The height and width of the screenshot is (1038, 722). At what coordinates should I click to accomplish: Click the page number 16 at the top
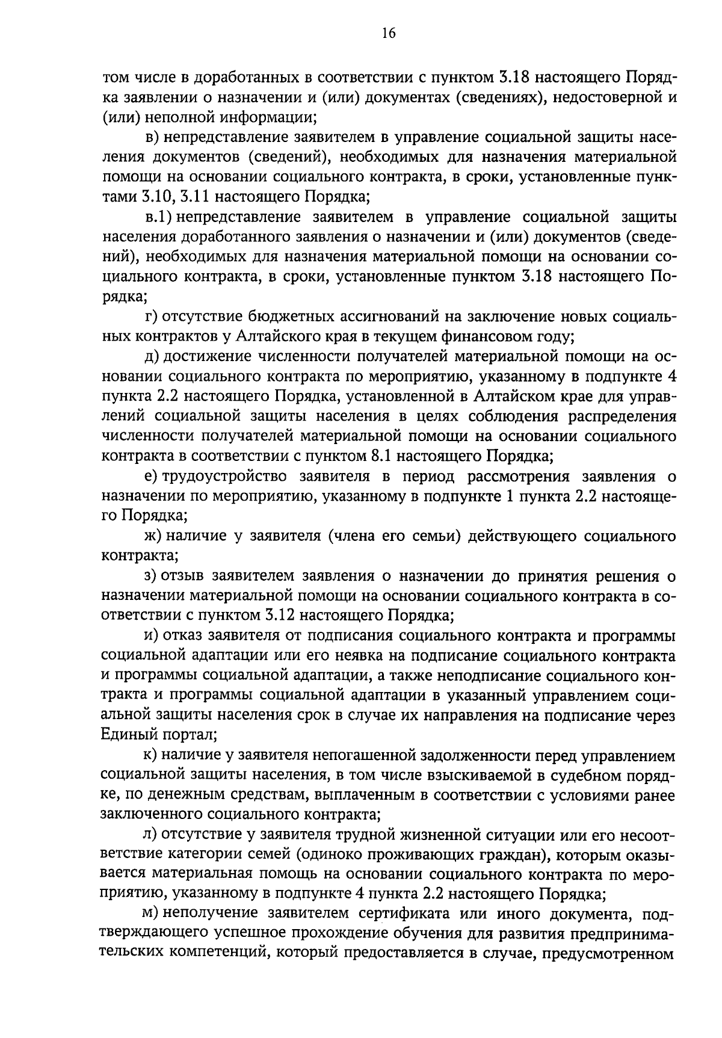tap(388, 33)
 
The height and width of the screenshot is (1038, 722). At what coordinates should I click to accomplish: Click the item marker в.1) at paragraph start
tap(159, 217)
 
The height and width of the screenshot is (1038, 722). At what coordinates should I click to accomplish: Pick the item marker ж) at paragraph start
tap(152, 536)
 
